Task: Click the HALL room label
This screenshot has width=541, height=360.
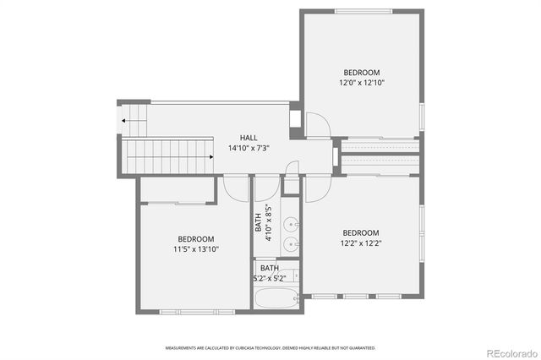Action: tap(249, 138)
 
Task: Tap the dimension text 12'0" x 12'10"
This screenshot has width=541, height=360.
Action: tap(361, 83)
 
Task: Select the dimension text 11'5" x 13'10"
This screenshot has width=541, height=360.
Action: tap(195, 250)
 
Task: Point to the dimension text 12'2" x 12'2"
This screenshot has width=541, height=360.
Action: tap(360, 243)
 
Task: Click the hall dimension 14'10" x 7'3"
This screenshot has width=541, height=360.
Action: tap(249, 148)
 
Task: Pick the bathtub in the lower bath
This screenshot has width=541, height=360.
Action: tap(276, 298)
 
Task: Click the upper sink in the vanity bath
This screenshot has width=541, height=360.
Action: tap(290, 225)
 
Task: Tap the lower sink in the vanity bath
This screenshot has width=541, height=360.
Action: tap(290, 245)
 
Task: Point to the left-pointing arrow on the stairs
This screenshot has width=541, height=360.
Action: tap(124, 121)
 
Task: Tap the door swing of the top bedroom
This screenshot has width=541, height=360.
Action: tap(319, 127)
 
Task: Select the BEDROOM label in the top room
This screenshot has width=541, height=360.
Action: tap(361, 73)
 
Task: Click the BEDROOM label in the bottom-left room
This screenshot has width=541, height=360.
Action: tap(195, 239)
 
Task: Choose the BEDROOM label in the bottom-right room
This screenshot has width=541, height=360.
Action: tap(360, 233)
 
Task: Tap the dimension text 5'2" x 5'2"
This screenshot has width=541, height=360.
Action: tap(269, 278)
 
